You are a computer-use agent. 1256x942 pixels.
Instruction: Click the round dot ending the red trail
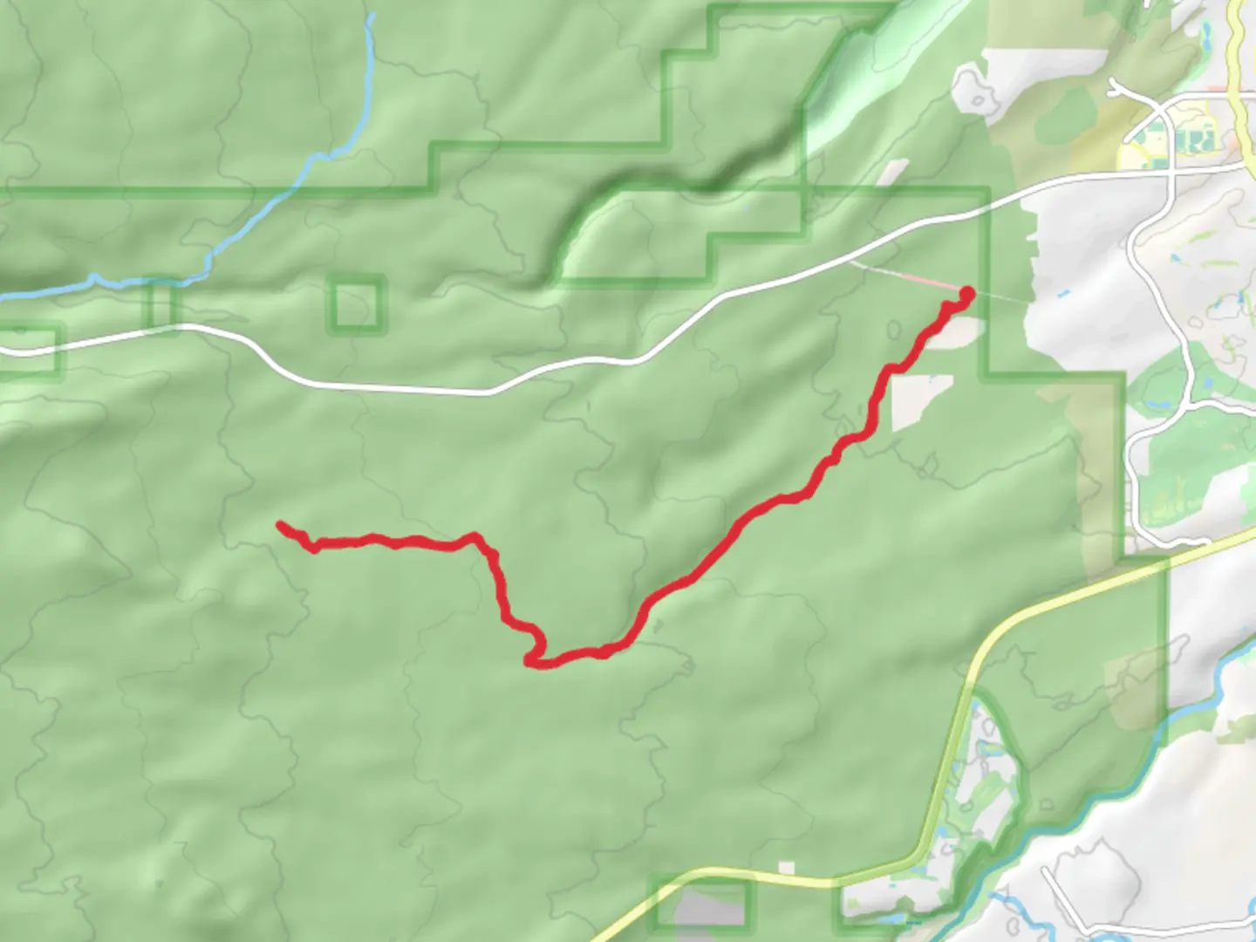[966, 293]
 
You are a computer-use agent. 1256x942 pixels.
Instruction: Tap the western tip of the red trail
[280, 524]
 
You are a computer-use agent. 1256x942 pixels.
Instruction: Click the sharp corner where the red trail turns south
[476, 536]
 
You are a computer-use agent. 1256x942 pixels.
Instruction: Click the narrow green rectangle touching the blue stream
[161, 304]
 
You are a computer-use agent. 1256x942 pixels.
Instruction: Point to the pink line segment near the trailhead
[907, 276]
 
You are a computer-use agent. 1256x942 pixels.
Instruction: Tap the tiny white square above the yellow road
[787, 868]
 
